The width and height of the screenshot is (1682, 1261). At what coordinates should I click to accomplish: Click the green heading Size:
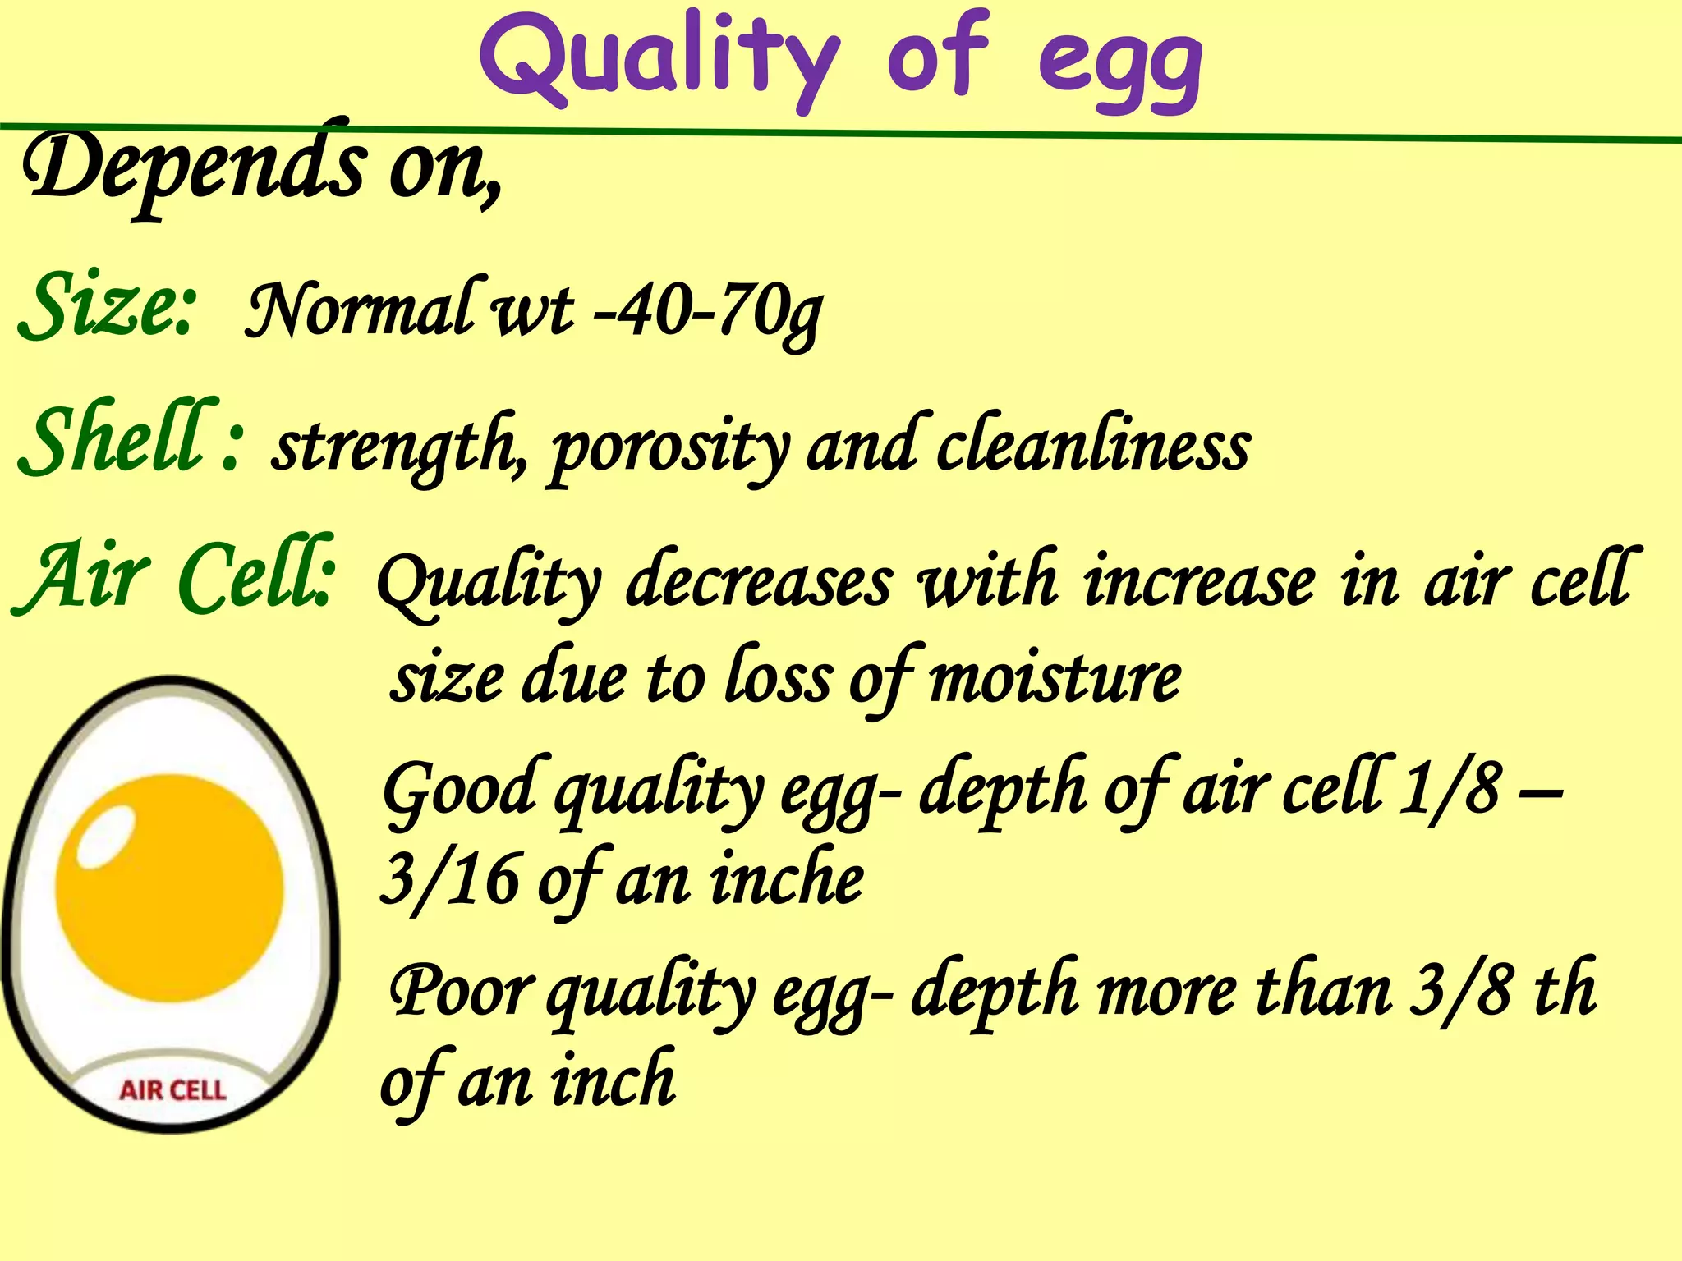coord(107,305)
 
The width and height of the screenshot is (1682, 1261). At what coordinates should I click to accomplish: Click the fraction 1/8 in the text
coord(1450,788)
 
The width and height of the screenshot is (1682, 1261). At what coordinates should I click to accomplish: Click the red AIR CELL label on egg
coord(172,1090)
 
